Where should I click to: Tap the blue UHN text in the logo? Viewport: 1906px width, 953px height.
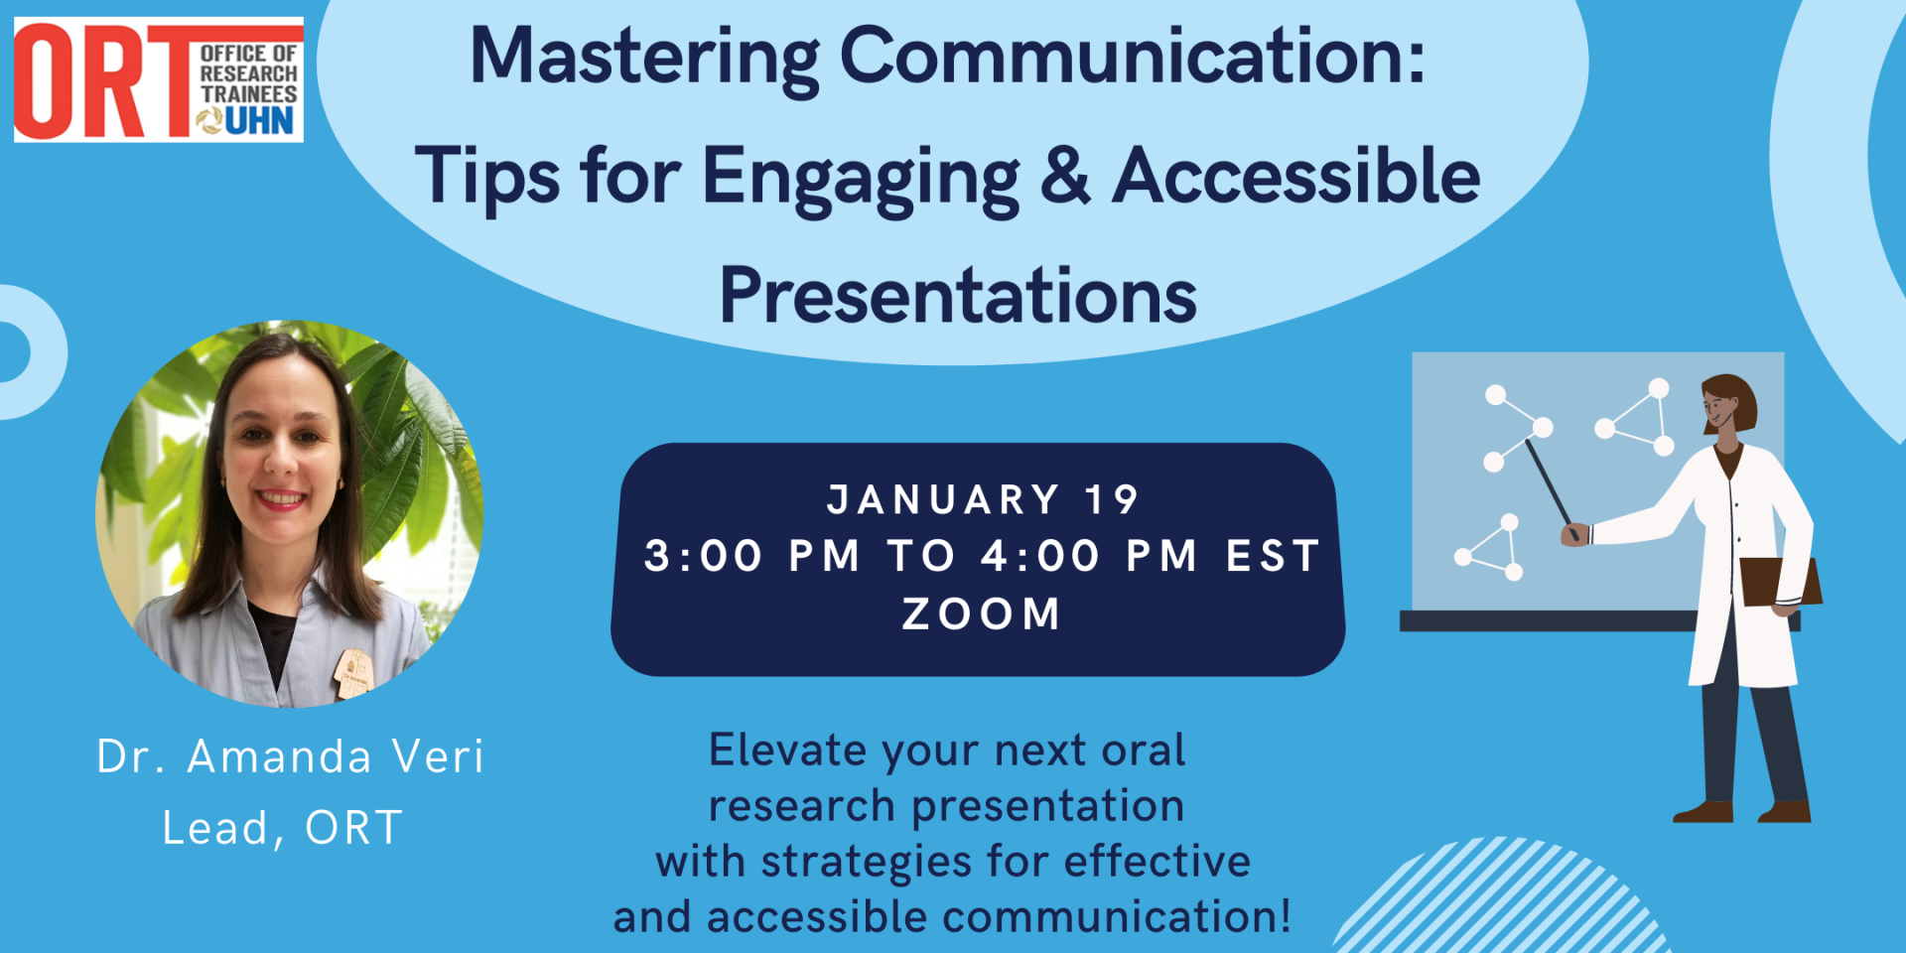point(259,122)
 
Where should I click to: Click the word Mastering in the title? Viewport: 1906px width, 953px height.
point(643,58)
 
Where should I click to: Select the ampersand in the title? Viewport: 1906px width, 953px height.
point(1065,176)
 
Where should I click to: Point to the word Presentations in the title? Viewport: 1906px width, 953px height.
point(958,296)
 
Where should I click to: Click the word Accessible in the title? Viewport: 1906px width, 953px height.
point(1295,176)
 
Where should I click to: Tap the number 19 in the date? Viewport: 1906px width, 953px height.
point(1111,500)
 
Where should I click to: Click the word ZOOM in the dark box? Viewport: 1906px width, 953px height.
point(981,614)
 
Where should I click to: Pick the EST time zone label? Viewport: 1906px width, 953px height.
point(1274,556)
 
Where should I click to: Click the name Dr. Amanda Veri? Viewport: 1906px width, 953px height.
point(290,756)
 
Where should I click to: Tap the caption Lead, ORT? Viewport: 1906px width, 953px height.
point(283,828)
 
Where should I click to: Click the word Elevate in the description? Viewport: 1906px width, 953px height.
point(785,750)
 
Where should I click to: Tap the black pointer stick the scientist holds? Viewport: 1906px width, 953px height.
point(1549,482)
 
